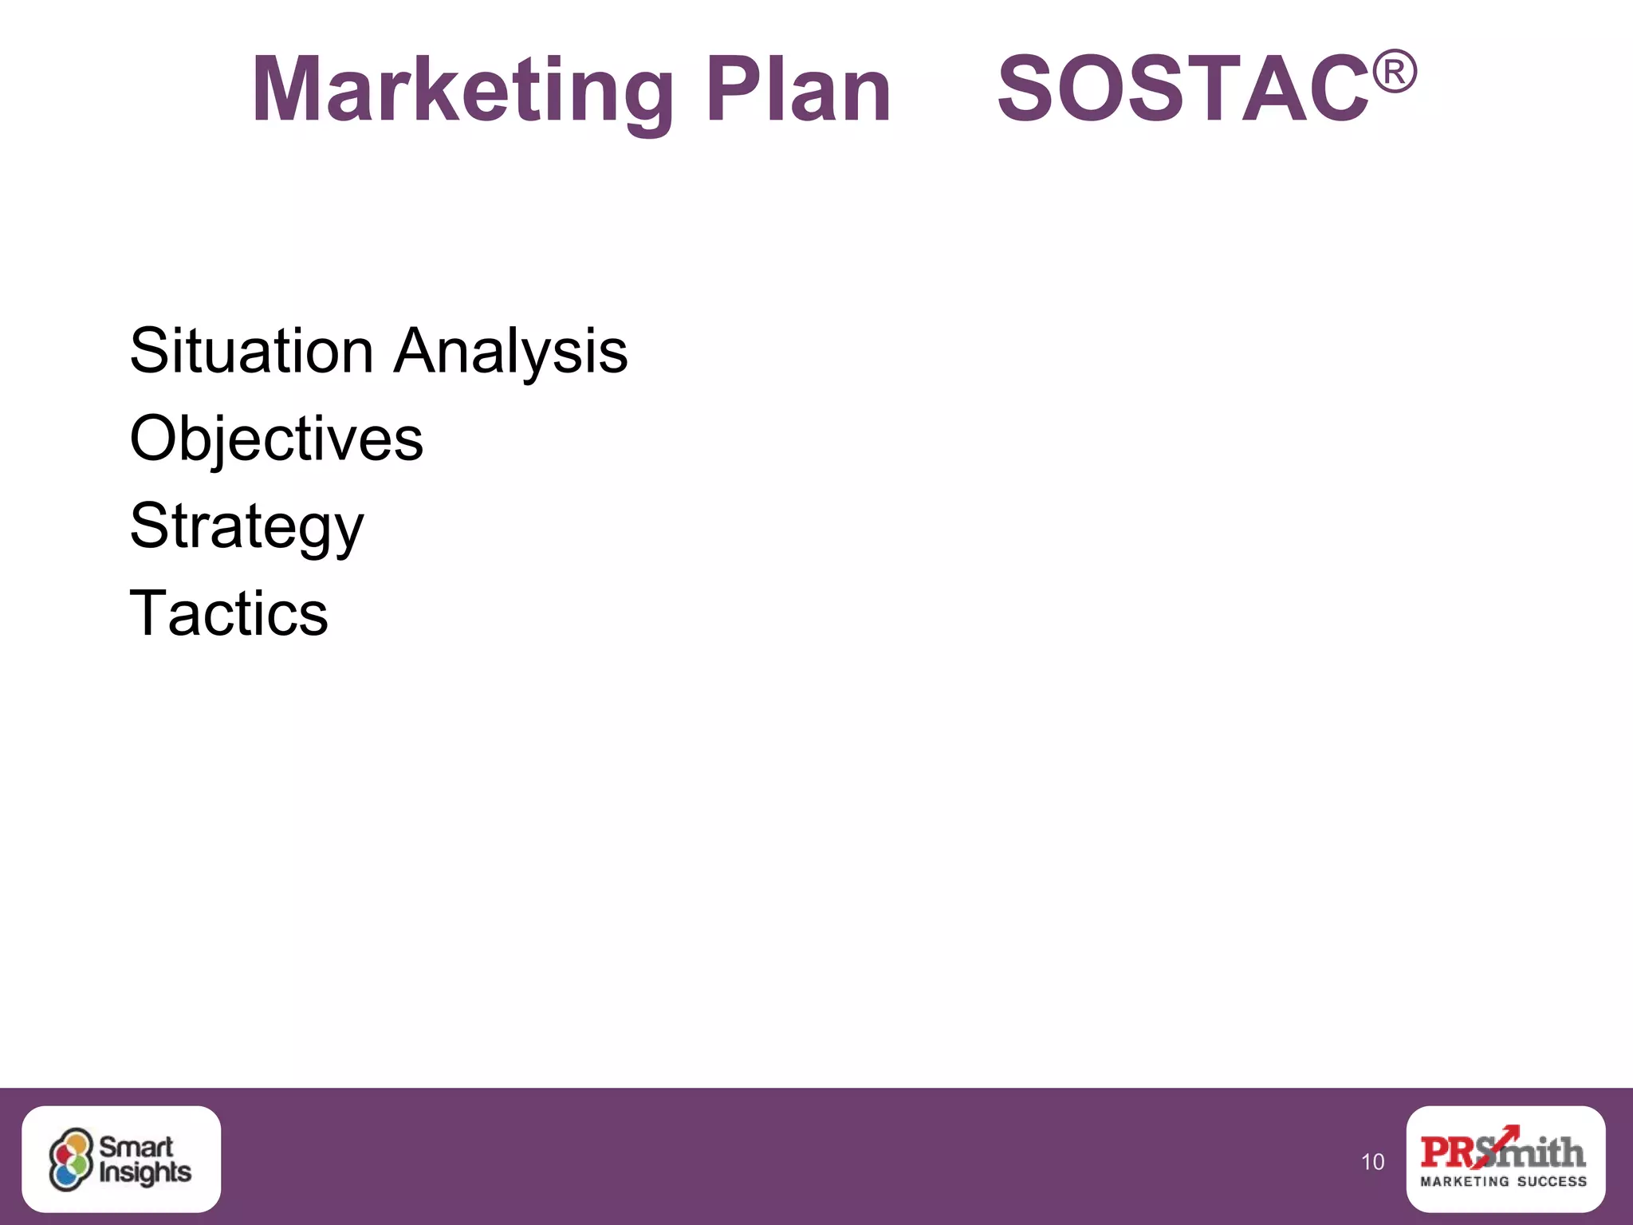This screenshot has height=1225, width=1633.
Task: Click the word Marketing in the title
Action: tap(462, 89)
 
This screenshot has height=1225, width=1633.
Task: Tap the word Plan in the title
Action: tap(798, 89)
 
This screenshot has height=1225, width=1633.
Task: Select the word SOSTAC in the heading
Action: tap(1183, 89)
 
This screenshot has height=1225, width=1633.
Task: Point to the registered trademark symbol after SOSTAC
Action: tap(1394, 71)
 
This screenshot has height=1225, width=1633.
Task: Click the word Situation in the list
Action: tap(251, 351)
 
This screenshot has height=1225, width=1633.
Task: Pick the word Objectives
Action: tap(276, 439)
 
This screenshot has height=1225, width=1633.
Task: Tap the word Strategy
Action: tap(246, 527)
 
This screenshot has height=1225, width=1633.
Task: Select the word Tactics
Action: tap(229, 613)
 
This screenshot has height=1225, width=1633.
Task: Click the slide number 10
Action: tap(1372, 1162)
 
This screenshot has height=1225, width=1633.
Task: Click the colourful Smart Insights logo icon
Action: tap(71, 1160)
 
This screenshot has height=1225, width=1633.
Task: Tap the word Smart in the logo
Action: tap(136, 1147)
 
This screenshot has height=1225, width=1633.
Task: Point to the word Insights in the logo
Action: tap(145, 1173)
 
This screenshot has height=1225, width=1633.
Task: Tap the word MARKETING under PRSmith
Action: tap(1465, 1181)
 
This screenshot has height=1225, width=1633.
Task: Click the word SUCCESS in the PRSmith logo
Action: tap(1552, 1181)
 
